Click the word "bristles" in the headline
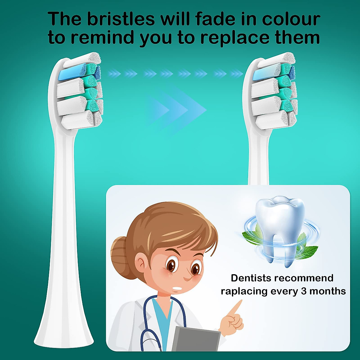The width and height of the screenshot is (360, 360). [121, 19]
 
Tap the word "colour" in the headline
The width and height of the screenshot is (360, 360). [291, 19]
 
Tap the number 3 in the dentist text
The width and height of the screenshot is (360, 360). [304, 291]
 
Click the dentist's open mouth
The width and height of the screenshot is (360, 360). [178, 289]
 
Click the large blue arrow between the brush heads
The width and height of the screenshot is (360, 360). [177, 110]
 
